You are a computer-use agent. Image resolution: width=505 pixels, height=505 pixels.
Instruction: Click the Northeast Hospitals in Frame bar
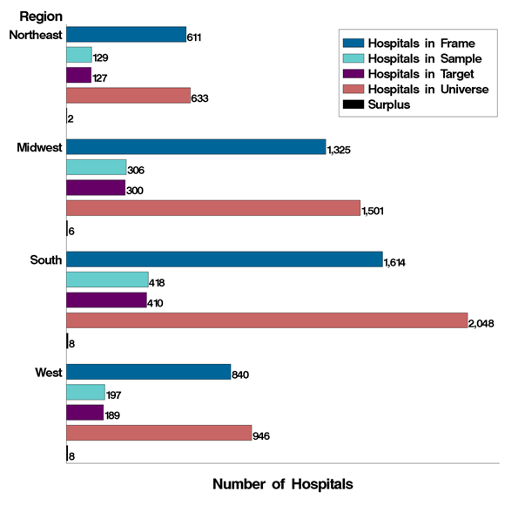pyautogui.click(x=125, y=34)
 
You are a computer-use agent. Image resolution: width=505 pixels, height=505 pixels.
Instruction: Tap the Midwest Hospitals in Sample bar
pyautogui.click(x=96, y=168)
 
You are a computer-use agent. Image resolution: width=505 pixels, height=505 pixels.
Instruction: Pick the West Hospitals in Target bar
pyautogui.click(x=84, y=412)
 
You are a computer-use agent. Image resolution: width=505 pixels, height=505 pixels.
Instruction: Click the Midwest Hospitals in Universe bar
pyautogui.click(x=212, y=209)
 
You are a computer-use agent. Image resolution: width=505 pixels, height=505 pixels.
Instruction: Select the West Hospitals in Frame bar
pyautogui.click(x=148, y=373)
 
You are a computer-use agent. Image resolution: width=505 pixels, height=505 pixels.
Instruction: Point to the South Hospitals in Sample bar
pyautogui.click(x=107, y=280)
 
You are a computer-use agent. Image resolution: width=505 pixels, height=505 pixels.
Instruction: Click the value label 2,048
pyautogui.click(x=482, y=323)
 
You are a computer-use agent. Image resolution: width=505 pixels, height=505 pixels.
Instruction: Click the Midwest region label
pyautogui.click(x=39, y=147)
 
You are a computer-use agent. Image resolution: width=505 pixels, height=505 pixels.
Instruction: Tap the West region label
pyautogui.click(x=48, y=373)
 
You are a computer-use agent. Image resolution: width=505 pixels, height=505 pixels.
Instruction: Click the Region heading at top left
pyautogui.click(x=39, y=16)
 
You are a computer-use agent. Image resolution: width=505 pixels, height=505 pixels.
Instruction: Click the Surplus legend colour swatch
pyautogui.click(x=351, y=104)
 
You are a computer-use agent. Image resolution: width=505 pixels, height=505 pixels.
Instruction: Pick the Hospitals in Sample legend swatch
pyautogui.click(x=351, y=57)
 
